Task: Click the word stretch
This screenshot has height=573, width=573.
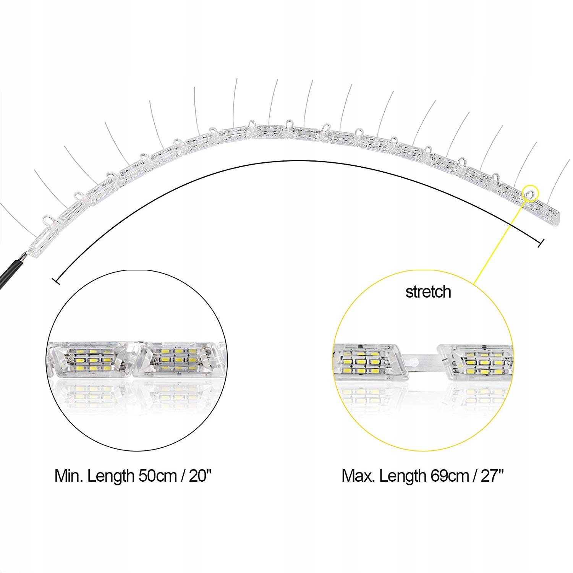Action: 428,292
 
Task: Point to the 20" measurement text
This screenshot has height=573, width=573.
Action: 200,476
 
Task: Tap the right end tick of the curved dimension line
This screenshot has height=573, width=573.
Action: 541,243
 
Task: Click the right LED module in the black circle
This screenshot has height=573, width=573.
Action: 180,360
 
